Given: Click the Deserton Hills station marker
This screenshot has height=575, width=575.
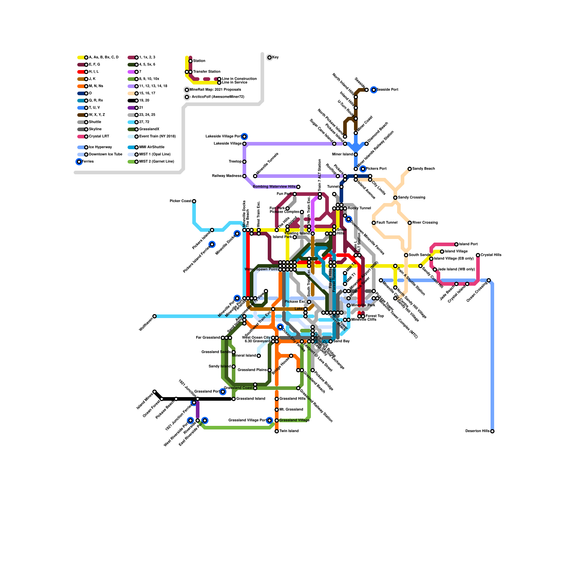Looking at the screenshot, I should tap(492, 431).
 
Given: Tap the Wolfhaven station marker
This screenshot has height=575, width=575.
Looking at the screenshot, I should tap(155, 316).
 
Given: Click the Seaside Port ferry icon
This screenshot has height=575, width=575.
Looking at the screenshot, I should tap(374, 90).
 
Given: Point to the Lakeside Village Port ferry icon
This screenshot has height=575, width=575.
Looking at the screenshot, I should tap(244, 137).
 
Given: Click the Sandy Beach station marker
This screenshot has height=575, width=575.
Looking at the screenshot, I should tap(410, 169).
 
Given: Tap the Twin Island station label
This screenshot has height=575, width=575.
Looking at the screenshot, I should tap(289, 431).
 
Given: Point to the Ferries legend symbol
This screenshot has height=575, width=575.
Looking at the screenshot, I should tap(79, 162).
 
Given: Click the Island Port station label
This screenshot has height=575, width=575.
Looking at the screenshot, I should tap(468, 244).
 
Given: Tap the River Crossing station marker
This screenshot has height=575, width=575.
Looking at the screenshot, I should tap(410, 223).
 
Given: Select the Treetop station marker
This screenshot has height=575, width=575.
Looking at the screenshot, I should tap(244, 162).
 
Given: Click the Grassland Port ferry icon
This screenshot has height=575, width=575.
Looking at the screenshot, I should tap(223, 392).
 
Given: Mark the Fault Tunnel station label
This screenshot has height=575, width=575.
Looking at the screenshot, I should tap(387, 223).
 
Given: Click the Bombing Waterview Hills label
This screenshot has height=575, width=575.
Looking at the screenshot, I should tap(274, 187).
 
